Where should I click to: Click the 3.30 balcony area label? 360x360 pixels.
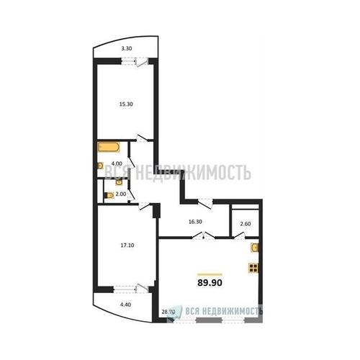point(126,48)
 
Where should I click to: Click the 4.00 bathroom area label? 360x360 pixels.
point(115,163)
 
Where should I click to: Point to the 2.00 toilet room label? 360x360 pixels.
point(120,194)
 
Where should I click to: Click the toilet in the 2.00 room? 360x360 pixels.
point(119,183)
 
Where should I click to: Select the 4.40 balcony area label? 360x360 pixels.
point(126,325)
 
